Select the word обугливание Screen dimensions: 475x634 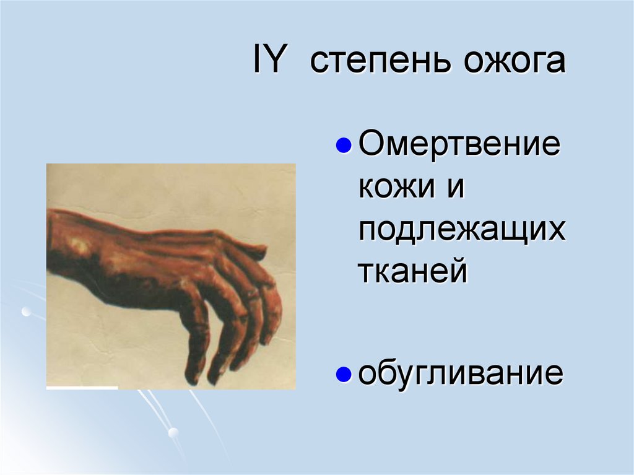point(461,373)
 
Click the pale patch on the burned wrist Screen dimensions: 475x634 point(79,246)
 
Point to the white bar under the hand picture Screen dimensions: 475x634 point(82,388)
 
